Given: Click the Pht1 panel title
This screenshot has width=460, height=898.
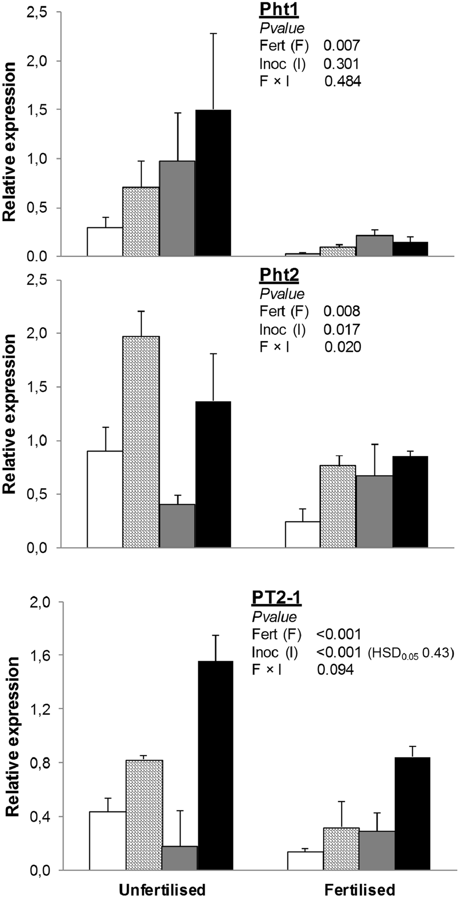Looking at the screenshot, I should [279, 10].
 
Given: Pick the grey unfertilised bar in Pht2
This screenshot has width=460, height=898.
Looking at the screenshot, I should [177, 525].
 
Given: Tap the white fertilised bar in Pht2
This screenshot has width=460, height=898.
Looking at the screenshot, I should [302, 534].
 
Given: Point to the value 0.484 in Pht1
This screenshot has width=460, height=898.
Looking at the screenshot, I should [342, 82].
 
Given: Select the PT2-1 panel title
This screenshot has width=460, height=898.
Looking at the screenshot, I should [276, 599].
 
